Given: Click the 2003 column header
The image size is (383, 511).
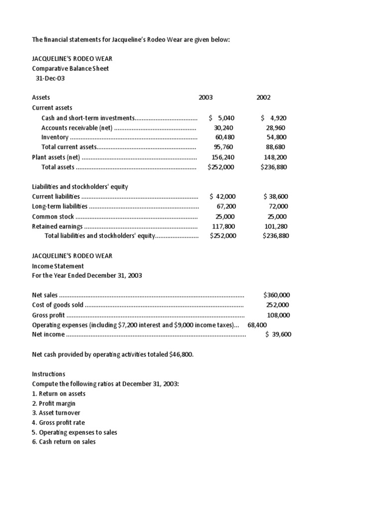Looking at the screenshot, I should pyautogui.click(x=205, y=98).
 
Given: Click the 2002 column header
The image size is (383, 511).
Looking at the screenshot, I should pyautogui.click(x=263, y=98).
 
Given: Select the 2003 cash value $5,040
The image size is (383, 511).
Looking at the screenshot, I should pyautogui.click(x=222, y=118).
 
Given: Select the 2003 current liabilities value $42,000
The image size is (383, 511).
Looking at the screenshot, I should pyautogui.click(x=223, y=197).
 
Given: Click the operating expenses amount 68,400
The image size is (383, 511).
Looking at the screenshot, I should pyautogui.click(x=257, y=325).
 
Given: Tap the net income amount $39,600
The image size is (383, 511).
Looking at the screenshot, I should pyautogui.click(x=278, y=334).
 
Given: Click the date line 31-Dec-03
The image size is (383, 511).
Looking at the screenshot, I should pyautogui.click(x=50, y=78).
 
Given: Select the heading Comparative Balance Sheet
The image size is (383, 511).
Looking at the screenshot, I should pyautogui.click(x=70, y=68).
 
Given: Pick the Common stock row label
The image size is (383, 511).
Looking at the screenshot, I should pyautogui.click(x=53, y=217).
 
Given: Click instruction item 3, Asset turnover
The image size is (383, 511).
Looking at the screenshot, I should pyautogui.click(x=56, y=413).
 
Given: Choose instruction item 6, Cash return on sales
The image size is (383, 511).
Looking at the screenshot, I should pyautogui.click(x=64, y=442).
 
